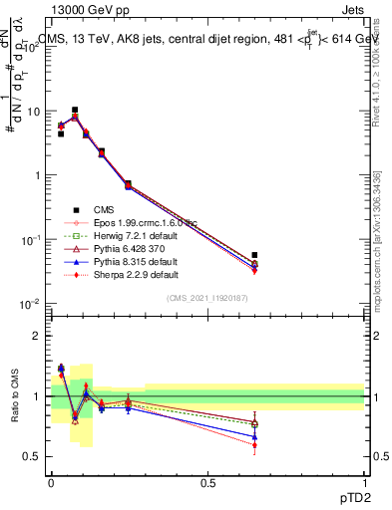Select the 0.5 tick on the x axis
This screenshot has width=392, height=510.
207,482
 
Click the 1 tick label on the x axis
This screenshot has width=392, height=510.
365,482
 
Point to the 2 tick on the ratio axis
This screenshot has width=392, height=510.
36,336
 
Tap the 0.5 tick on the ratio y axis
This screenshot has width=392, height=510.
32,456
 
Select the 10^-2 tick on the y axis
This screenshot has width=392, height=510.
30,304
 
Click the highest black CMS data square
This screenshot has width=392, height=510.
75,111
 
